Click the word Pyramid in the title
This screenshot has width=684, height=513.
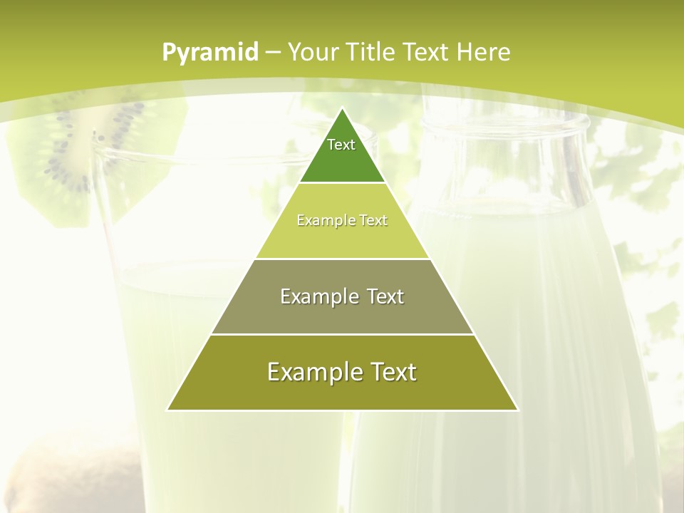[x=210, y=53]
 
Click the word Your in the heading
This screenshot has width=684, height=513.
[x=313, y=53]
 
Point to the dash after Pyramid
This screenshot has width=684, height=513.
[x=273, y=53]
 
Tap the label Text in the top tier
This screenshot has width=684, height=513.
[x=341, y=145]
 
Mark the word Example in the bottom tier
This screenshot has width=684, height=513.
[x=311, y=372]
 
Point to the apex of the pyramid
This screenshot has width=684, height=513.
[x=343, y=109]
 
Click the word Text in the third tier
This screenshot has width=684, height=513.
[x=380, y=296]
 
